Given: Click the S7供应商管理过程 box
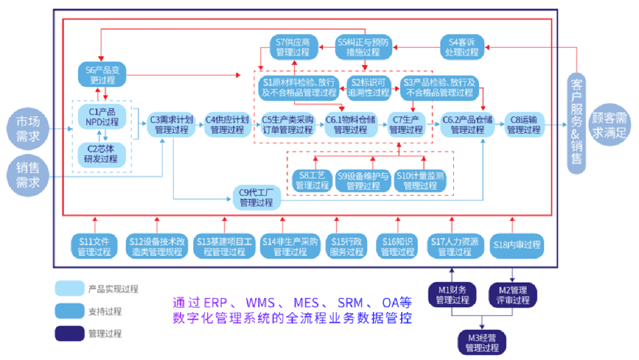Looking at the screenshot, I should coord(294,47).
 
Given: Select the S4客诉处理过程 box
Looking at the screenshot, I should coord(462,47).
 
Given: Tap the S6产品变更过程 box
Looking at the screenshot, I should coord(102,75).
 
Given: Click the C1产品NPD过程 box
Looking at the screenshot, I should coord(102,117).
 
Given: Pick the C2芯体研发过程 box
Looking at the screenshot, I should coord(102,153).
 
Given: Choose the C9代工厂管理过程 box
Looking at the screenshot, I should coord(256,197).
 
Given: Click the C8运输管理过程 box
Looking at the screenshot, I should coord(524,124).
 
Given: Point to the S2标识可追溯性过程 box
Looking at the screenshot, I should coord(368,86).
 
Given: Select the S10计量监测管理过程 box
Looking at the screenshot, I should coord(420,180).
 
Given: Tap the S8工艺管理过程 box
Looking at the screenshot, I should coord(312,180).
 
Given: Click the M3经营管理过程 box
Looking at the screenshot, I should coord(482,342).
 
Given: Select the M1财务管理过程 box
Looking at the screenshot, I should coord(452,294).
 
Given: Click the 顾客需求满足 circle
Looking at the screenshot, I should coord(609,125).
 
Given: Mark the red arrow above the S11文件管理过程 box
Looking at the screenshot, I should coord(94,225).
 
